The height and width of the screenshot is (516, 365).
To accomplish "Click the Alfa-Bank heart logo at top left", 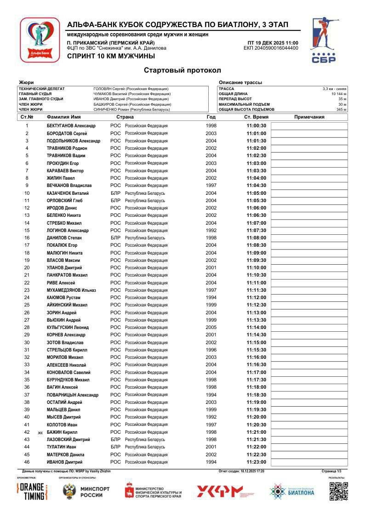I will tap(40, 40).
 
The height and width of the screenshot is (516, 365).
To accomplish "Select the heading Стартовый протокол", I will tap(182, 70).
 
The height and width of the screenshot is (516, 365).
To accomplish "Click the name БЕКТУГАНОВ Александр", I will tap(71, 126).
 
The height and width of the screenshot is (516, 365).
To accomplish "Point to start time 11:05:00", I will tap(256, 193).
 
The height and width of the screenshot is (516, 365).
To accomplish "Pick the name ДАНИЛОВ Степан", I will tap(64, 238).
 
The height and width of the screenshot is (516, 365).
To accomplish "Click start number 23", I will tap(27, 290).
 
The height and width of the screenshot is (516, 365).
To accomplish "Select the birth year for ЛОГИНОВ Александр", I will tap(211, 231).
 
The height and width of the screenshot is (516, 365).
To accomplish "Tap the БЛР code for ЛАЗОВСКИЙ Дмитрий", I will tap(115, 440).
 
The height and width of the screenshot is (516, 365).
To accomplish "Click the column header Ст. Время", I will tap(256, 117).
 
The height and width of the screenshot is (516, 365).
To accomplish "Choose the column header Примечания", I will tap(309, 117).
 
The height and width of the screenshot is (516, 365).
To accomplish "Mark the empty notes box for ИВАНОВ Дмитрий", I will tap(309, 462).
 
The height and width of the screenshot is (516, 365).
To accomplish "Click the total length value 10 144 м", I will tap(339, 94).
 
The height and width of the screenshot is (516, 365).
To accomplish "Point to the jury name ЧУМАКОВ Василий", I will tap(131, 94).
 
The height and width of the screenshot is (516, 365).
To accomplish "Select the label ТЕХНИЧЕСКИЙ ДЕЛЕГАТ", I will tap(42, 89).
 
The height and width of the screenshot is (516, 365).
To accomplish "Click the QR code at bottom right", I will tap(338, 491).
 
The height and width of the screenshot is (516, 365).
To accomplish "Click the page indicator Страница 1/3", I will tap(331, 471).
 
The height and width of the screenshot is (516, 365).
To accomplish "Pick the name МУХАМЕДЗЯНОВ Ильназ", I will tap(71, 290).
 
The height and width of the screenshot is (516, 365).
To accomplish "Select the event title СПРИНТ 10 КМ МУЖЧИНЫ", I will tap(111, 56).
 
